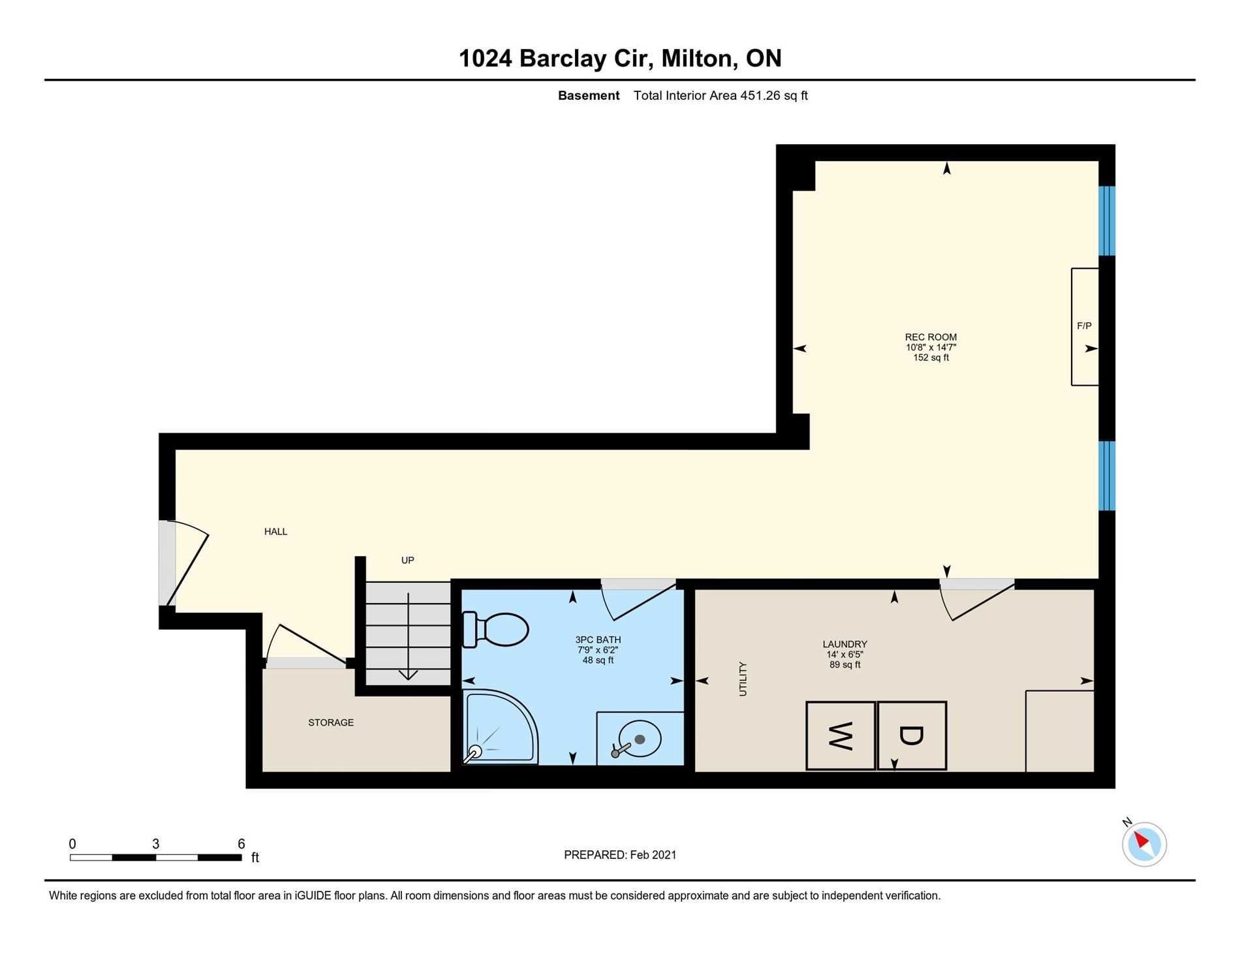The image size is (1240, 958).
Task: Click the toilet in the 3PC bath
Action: coord(495,630)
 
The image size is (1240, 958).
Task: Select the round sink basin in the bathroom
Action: coord(640,739)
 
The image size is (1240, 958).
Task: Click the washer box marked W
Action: coord(841,735)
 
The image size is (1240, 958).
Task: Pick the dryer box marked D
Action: coord(912,735)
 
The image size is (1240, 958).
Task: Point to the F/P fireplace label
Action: coord(1084,326)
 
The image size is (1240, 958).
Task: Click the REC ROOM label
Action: coord(931,337)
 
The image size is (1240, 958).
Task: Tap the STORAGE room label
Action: coord(331,722)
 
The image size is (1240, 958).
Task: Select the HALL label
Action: coord(275,532)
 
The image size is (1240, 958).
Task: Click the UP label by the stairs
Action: coord(408,561)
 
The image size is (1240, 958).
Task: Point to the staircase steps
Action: coord(408,634)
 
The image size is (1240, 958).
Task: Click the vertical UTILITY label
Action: coord(743,679)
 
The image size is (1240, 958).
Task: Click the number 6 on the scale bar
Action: coord(241,844)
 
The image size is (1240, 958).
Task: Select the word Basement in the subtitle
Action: coord(589,95)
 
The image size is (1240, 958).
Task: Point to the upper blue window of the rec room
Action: coord(1107,221)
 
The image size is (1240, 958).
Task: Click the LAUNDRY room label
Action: coord(845,644)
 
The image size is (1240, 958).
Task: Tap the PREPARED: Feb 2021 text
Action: coord(620,855)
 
